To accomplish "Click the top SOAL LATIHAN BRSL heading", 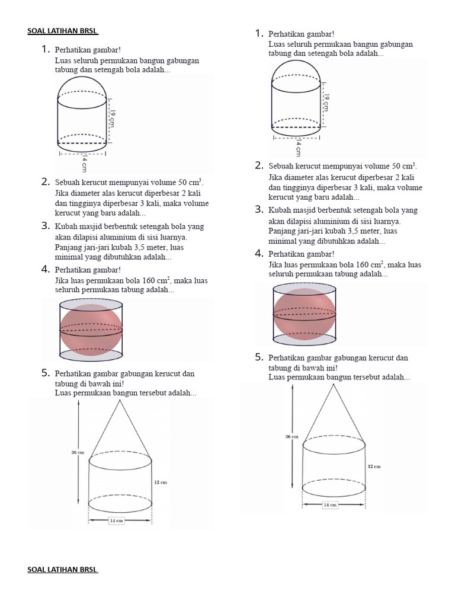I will click(x=63, y=31).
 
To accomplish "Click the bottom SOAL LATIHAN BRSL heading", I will click(x=63, y=570).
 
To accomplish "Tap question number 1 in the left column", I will click(x=45, y=50).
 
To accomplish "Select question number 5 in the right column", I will click(x=259, y=357).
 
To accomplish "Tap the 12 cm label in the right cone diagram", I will click(x=374, y=467).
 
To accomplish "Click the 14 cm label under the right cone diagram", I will click(x=329, y=505).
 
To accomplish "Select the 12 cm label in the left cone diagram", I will click(x=160, y=483).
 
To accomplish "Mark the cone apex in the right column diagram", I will click(x=334, y=385).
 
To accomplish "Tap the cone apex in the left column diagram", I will click(x=121, y=401).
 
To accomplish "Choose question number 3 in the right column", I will click(x=259, y=209).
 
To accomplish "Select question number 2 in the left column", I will click(x=45, y=181).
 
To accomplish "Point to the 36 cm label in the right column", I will click(x=291, y=437).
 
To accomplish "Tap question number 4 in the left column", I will click(x=45, y=269).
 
